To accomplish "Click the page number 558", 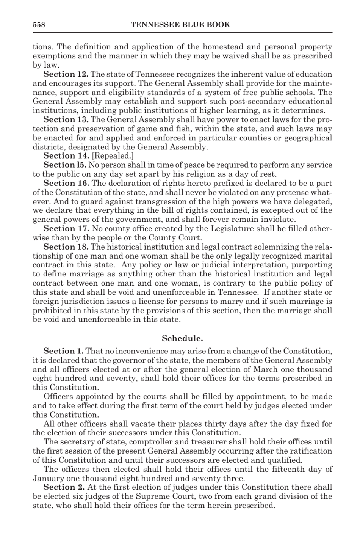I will pyautogui.click(x=39, y=25).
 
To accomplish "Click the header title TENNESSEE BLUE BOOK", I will pyautogui.click(x=180, y=25).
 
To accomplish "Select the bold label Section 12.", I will pyautogui.click(x=66, y=74).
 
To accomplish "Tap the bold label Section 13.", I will pyautogui.click(x=66, y=120).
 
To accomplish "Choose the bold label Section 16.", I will pyautogui.click(x=66, y=183).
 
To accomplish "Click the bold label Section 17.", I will pyautogui.click(x=66, y=229).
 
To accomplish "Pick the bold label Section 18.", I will pyautogui.click(x=66, y=247).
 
